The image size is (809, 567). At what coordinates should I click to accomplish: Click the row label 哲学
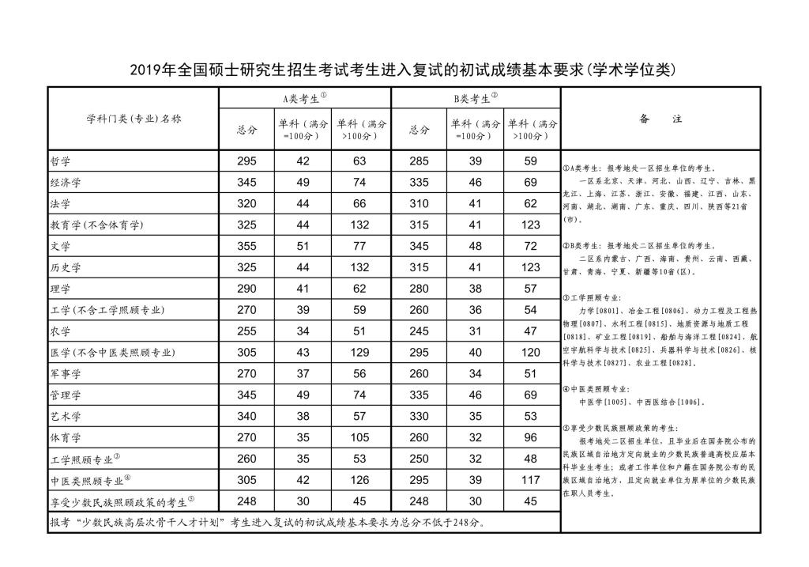60,161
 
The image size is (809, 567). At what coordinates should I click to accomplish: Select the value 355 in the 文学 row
247,246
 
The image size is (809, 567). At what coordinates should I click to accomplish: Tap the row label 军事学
66,373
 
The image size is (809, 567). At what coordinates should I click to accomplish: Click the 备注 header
660,119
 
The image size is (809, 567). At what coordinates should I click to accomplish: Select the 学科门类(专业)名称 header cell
133,119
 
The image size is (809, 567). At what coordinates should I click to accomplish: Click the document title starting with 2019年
404,70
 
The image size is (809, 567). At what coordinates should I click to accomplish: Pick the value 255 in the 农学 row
247,331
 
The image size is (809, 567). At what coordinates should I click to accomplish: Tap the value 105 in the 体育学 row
360,437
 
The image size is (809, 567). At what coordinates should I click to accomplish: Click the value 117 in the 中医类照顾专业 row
532,479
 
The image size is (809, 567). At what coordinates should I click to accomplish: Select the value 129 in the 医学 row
360,352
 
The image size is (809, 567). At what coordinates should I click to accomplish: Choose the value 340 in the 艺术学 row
247,415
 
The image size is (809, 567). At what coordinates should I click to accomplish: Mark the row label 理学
60,289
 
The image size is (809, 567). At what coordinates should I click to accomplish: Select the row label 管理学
66,395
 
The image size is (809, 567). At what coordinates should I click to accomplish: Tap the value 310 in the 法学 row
419,203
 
